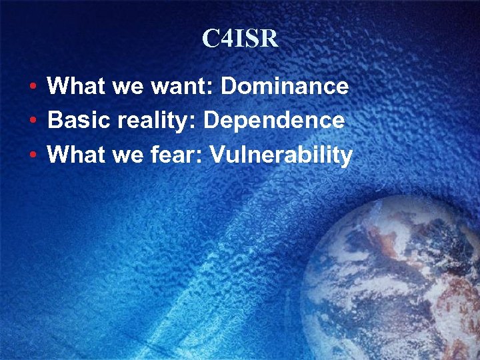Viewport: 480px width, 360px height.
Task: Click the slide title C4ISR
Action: (240, 39)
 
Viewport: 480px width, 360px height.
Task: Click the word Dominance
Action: (285, 86)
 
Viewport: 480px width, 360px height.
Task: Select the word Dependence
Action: (274, 121)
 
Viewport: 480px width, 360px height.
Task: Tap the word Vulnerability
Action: (281, 155)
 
